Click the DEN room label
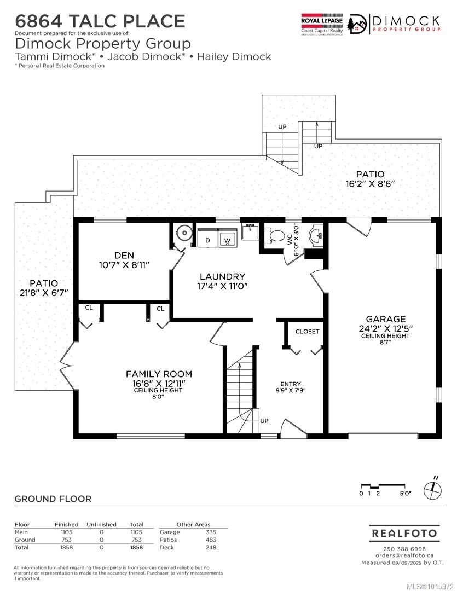coord(124,256)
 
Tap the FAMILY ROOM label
coord(159,374)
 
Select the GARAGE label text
coord(386,319)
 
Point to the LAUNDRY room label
coord(222,277)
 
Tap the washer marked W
coord(227,239)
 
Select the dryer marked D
coord(207,239)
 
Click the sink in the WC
coord(315,235)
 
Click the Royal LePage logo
coord(322,24)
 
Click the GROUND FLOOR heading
coord(53,499)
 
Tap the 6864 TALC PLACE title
coord(100,21)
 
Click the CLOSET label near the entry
coord(307,331)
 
